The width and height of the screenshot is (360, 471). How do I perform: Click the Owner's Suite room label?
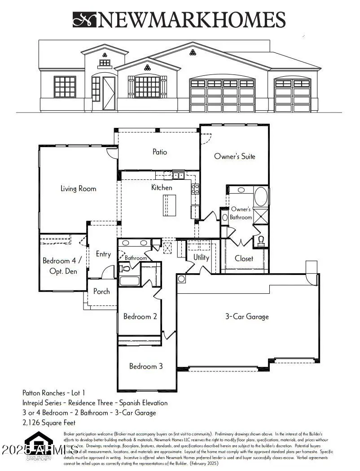(x=234, y=157)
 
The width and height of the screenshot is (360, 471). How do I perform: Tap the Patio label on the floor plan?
(x=159, y=152)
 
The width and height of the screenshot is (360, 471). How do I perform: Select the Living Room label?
(x=78, y=188)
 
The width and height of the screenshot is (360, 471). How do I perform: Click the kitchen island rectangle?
(x=169, y=205)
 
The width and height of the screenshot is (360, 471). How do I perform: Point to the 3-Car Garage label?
(x=246, y=316)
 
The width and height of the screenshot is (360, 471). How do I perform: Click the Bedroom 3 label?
(x=146, y=366)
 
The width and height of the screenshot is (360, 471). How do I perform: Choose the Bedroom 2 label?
(x=140, y=316)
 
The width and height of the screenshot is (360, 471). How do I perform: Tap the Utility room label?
(x=201, y=257)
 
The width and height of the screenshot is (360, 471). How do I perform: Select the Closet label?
(x=244, y=258)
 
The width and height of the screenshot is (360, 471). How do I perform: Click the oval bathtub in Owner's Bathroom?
(x=261, y=196)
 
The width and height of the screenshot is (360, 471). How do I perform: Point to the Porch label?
(x=101, y=291)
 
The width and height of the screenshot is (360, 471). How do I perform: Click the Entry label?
(x=103, y=254)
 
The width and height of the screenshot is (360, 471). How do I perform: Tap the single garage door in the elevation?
(x=292, y=95)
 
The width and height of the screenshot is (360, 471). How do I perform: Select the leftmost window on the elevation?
(x=65, y=87)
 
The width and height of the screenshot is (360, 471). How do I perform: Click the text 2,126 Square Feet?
(x=49, y=423)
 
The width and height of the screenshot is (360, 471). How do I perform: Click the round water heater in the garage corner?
(x=181, y=279)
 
